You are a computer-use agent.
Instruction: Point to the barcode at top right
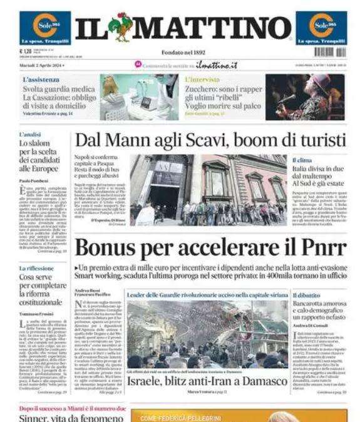(329, 52)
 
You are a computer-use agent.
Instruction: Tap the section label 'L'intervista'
(202, 80)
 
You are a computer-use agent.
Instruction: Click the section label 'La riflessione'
(36, 269)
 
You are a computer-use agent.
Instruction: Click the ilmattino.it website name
(208, 65)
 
